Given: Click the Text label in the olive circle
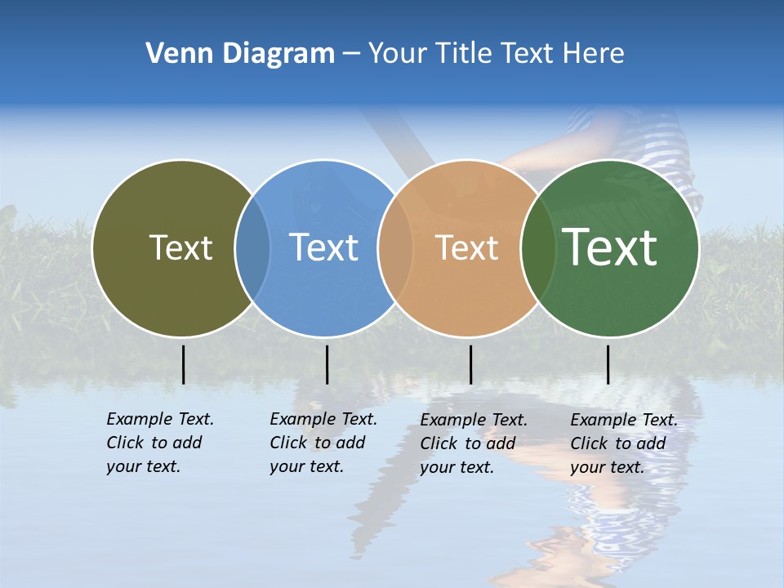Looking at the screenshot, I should tap(180, 247).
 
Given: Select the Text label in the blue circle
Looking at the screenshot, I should tap(324, 247).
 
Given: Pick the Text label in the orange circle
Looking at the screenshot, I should tap(467, 247).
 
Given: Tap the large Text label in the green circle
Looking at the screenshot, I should tap(610, 247).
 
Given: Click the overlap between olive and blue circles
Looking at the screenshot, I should tap(252, 247).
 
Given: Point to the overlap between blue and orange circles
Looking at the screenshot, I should tap(395, 247).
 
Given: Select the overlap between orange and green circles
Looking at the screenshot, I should tap(538, 247).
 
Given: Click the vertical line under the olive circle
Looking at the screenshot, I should tap(184, 364).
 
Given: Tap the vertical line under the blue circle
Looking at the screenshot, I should tap(327, 364).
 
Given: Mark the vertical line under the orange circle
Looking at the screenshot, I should tap(470, 364).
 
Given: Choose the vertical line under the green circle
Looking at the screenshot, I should tap(608, 364).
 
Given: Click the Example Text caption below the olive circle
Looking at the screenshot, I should tap(159, 443).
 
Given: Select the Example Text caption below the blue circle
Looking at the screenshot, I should tap(323, 443).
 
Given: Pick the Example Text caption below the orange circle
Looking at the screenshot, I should tap(473, 443).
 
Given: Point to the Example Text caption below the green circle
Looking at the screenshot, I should tap(623, 443).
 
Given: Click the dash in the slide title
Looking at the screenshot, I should tap(351, 55).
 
